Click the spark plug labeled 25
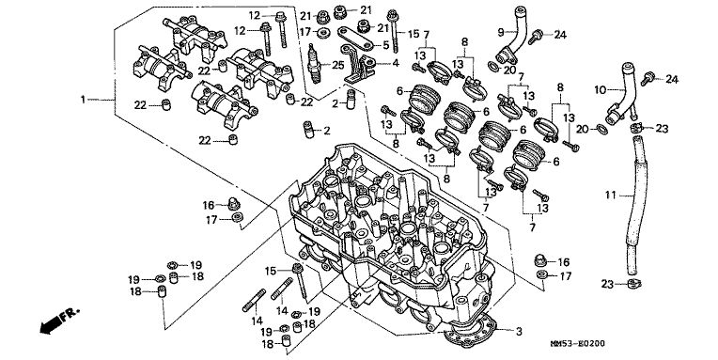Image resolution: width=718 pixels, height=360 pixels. (x=314, y=63)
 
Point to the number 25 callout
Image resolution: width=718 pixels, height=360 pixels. (x=337, y=65)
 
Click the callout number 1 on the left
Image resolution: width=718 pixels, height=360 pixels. (x=83, y=100)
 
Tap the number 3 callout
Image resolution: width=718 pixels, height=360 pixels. (x=519, y=331)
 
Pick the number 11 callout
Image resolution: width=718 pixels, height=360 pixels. (x=610, y=196)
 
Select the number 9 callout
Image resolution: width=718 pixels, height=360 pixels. (x=501, y=32)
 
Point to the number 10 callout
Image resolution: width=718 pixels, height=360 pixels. (x=601, y=90)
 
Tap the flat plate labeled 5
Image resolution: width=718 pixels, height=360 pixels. (x=356, y=38)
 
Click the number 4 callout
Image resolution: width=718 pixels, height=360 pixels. (x=395, y=63)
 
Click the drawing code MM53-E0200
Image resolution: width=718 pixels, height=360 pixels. (x=577, y=343)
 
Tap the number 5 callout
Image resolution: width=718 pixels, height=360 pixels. (x=386, y=45)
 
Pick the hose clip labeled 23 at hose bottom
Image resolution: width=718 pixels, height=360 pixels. (x=633, y=284)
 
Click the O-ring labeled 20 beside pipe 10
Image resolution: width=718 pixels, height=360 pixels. (x=603, y=129)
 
